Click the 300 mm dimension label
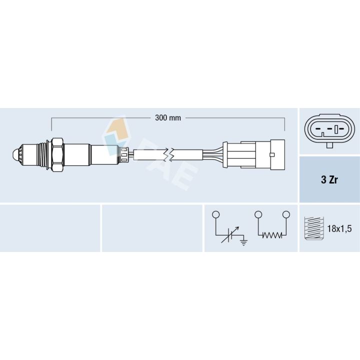[x=167, y=118]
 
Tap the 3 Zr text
[x=329, y=180]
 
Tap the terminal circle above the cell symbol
[x=215, y=214]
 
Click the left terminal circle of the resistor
[x=258, y=214]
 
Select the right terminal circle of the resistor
[x=286, y=214]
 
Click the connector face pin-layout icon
[x=329, y=131]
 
